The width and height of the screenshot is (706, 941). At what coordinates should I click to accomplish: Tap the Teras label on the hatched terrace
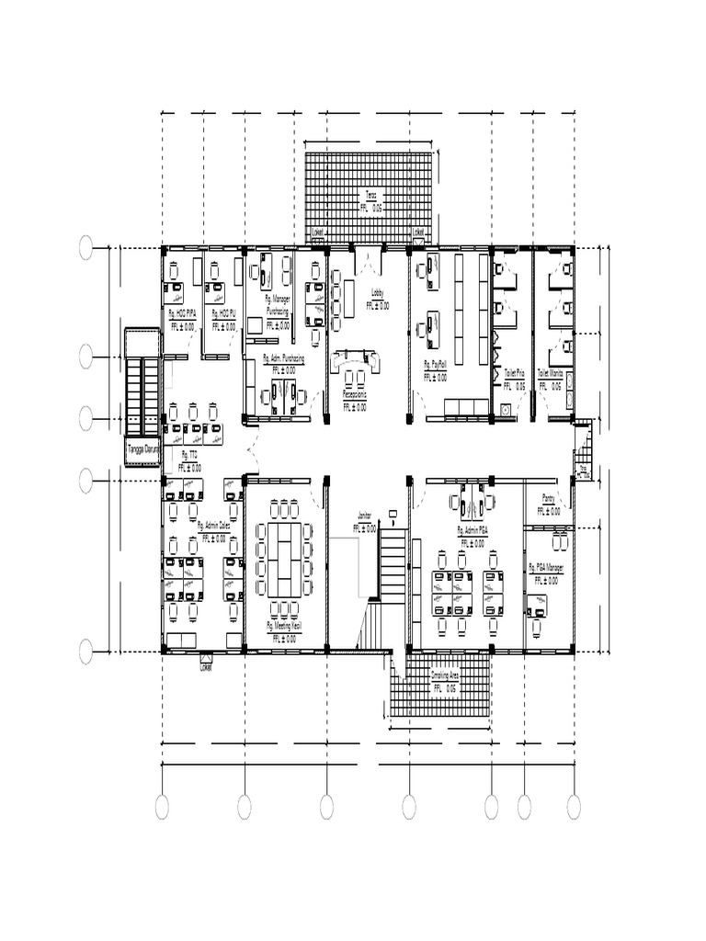(370, 197)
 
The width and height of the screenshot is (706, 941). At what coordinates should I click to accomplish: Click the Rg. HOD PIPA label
(181, 313)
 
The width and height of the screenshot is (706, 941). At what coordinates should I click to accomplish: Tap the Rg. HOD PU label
(224, 313)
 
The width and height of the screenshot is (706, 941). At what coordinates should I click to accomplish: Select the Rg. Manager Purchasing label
(278, 304)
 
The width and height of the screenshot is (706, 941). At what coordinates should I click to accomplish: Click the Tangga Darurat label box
(142, 449)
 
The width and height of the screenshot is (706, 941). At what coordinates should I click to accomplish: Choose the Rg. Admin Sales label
(213, 526)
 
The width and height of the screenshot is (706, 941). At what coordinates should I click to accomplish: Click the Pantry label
(549, 498)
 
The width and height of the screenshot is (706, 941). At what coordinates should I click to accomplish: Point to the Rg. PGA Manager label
(546, 568)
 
